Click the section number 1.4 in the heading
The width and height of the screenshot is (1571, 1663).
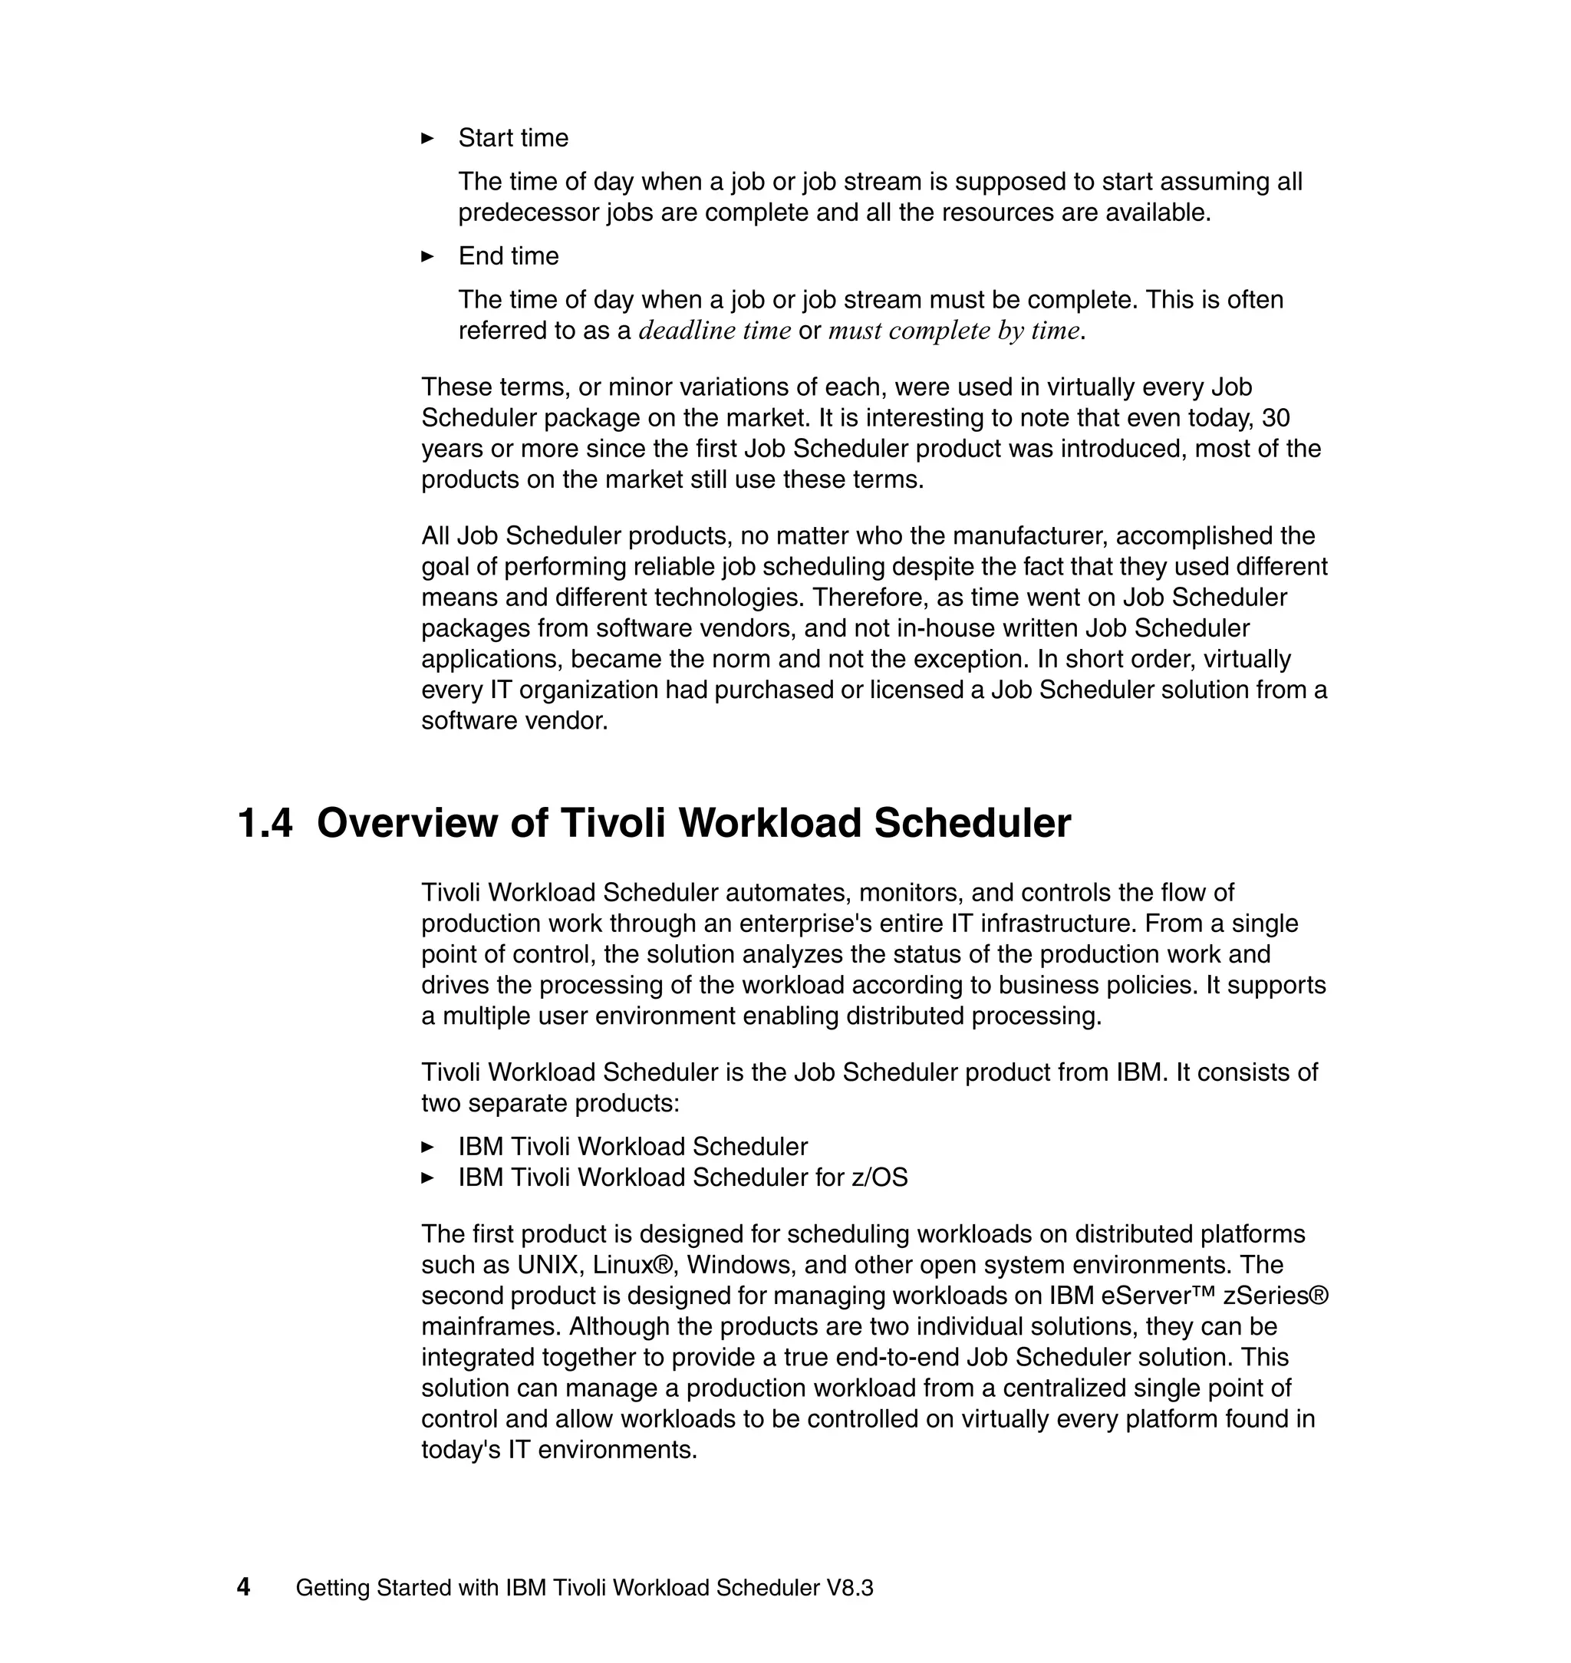coord(265,823)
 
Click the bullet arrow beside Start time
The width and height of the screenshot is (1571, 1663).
coord(427,138)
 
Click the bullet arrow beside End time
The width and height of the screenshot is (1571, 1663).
coord(427,256)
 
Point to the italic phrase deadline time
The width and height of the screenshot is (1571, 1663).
coord(714,331)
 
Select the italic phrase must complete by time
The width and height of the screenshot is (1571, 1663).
coord(953,331)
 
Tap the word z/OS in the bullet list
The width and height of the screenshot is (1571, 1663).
coord(879,1177)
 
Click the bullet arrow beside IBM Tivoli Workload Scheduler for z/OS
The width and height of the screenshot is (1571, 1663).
coord(427,1177)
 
